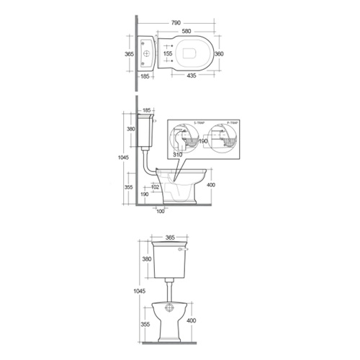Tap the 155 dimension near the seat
coord(167,54)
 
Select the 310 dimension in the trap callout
coord(179,154)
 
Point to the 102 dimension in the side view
coord(155,188)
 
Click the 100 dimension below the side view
coord(160,211)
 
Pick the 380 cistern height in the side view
coord(130,130)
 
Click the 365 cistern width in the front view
coord(171,236)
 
